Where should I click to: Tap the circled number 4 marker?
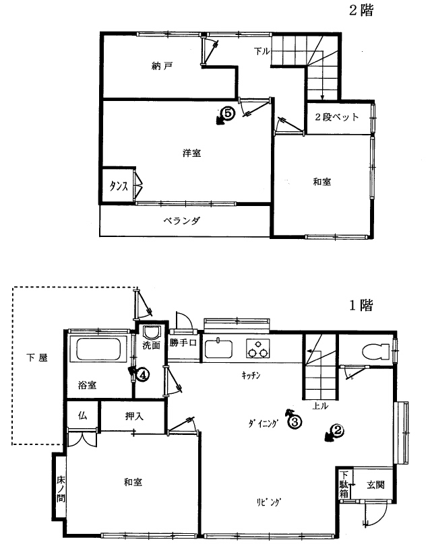click(143, 375)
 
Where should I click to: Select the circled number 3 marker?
click(295, 422)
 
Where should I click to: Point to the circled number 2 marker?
click(337, 431)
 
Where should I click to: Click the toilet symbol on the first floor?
click(375, 351)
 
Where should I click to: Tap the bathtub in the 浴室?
click(98, 349)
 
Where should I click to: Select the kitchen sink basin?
click(218, 349)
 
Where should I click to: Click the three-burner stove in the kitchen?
click(258, 349)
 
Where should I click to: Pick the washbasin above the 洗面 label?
click(152, 333)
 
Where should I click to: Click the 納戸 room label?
click(162, 66)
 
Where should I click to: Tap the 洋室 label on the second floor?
click(191, 153)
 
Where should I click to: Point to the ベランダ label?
click(182, 220)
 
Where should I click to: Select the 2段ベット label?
click(336, 117)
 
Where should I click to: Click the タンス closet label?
click(119, 186)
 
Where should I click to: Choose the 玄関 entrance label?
click(375, 485)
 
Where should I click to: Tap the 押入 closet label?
click(134, 416)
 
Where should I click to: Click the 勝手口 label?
click(183, 343)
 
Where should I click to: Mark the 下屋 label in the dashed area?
click(37, 357)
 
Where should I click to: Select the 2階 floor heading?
click(361, 11)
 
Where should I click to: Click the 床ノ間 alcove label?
click(61, 489)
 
